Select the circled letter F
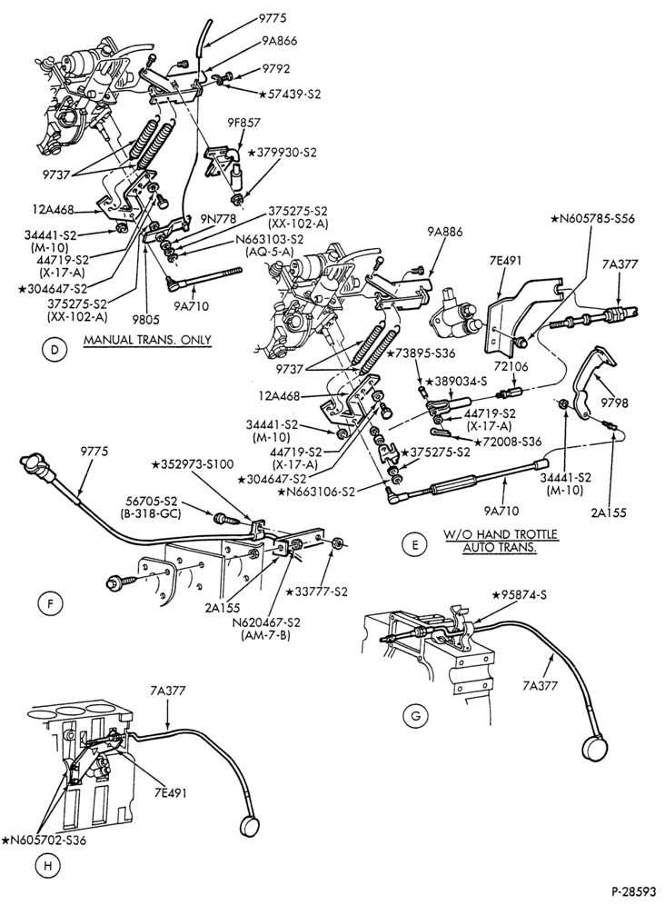click(x=49, y=604)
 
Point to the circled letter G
click(x=415, y=716)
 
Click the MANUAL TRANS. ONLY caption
click(x=147, y=340)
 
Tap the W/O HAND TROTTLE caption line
click(x=500, y=534)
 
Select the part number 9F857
click(x=243, y=123)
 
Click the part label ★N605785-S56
click(x=592, y=219)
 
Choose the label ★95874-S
click(x=519, y=594)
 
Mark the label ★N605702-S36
click(x=44, y=840)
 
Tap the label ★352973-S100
click(x=194, y=463)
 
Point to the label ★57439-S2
click(x=290, y=94)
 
